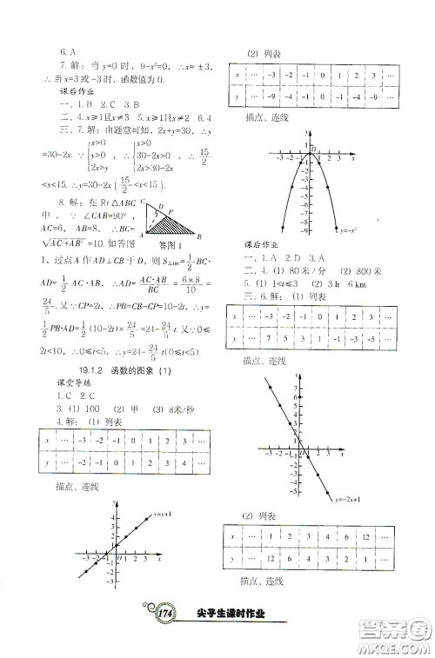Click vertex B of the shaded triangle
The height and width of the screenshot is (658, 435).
pos(200,235)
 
